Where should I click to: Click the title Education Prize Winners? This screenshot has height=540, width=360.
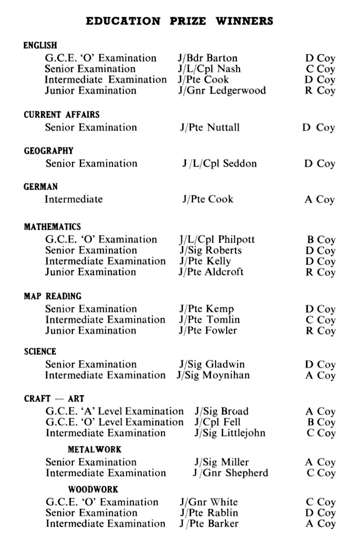click(180, 21)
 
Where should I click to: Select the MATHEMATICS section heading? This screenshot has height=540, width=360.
click(52, 227)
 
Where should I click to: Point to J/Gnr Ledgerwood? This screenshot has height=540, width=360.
click(222, 90)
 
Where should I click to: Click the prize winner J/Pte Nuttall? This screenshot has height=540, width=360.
click(210, 127)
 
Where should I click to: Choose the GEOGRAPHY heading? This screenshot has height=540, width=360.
click(48, 151)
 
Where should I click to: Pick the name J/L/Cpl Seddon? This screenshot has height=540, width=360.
click(219, 163)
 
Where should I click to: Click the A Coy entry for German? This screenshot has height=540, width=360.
click(319, 200)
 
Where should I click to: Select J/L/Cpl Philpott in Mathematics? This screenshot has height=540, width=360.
click(217, 240)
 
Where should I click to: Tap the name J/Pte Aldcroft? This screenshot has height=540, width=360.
click(211, 272)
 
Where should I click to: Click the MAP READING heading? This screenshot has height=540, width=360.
click(52, 296)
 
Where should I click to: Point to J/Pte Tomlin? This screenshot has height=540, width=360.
click(210, 320)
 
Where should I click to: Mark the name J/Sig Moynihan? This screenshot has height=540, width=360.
click(213, 375)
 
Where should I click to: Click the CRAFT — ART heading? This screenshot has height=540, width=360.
click(54, 398)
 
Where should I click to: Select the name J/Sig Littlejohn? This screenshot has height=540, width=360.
click(230, 433)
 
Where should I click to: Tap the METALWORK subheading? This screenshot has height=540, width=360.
click(95, 450)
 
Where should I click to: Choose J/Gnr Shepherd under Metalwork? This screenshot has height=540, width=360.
click(230, 473)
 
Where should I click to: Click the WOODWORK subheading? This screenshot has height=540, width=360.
click(93, 489)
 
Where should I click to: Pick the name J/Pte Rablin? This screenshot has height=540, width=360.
click(209, 513)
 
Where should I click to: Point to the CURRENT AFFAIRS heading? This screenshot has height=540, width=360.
click(61, 114)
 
